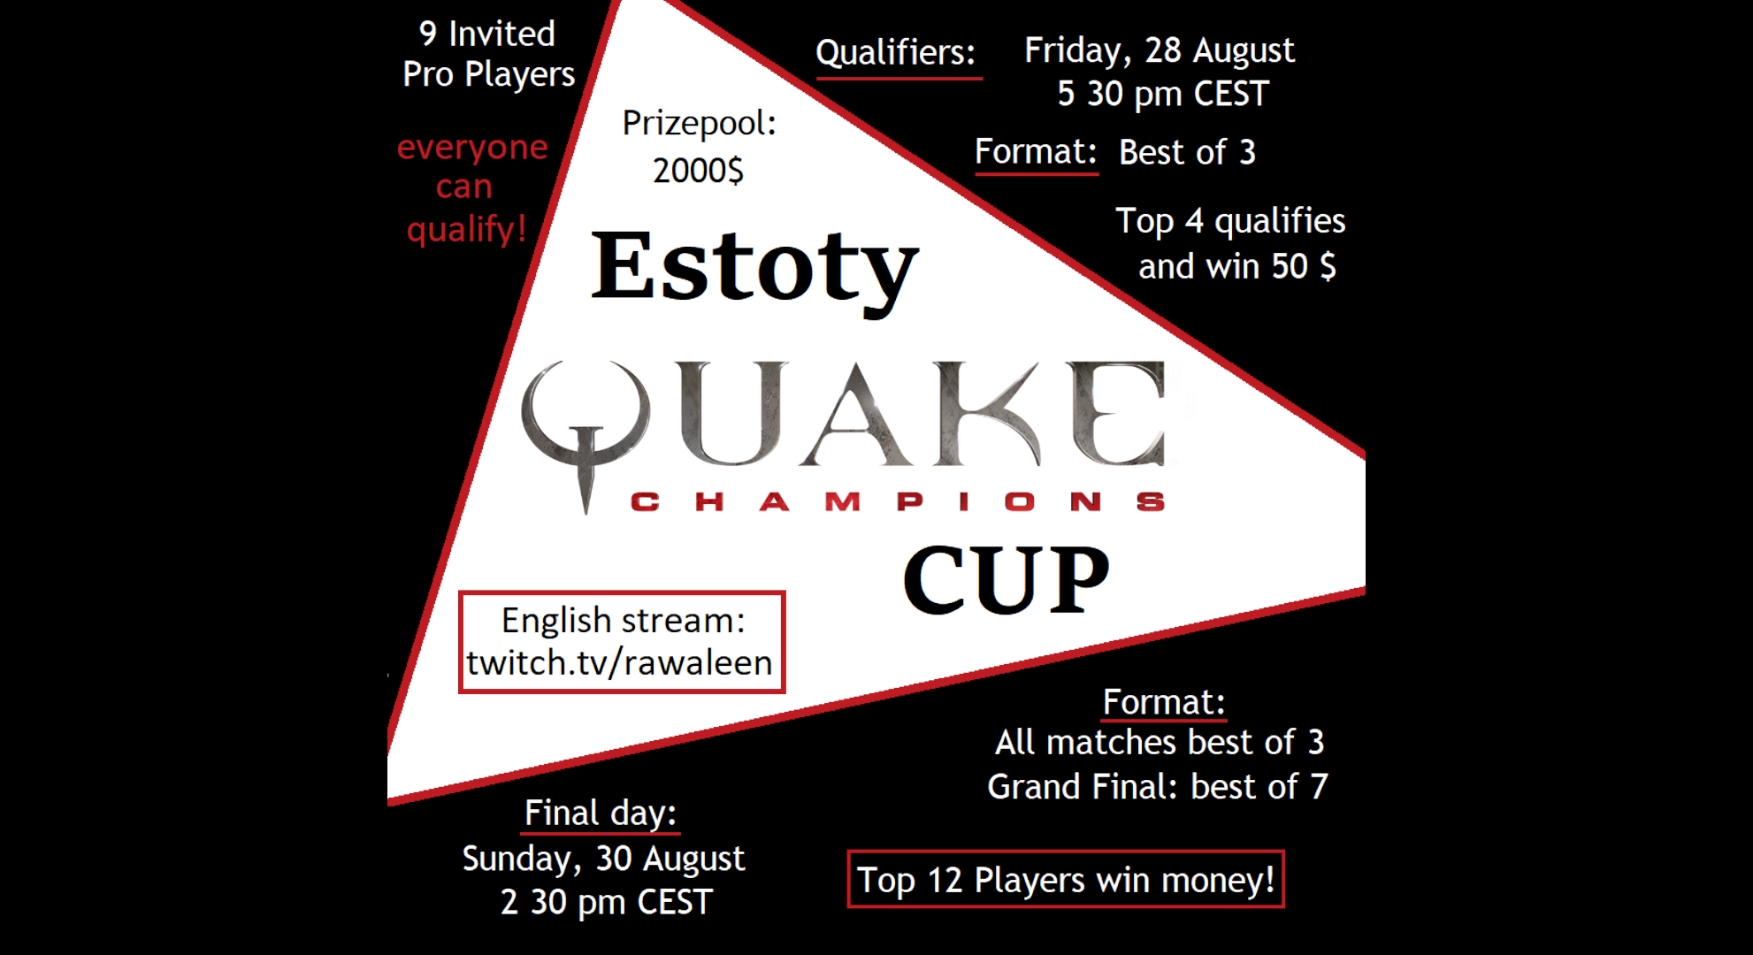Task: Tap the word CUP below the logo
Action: (1007, 579)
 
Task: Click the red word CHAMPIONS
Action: (898, 502)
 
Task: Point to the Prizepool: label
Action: (699, 123)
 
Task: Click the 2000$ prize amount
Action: (698, 170)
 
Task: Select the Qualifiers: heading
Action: (895, 52)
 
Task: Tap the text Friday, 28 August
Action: (1159, 50)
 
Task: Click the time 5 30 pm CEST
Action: (1163, 93)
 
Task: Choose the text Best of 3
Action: (1187, 152)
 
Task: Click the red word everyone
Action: (472, 147)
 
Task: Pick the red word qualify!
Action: (466, 230)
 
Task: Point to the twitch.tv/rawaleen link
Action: (619, 662)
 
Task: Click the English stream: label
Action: (623, 620)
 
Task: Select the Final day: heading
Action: (600, 813)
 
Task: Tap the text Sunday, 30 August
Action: (603, 859)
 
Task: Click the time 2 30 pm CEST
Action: (606, 902)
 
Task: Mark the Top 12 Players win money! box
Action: (1066, 879)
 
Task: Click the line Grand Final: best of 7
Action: (1158, 786)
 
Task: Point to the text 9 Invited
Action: (486, 34)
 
